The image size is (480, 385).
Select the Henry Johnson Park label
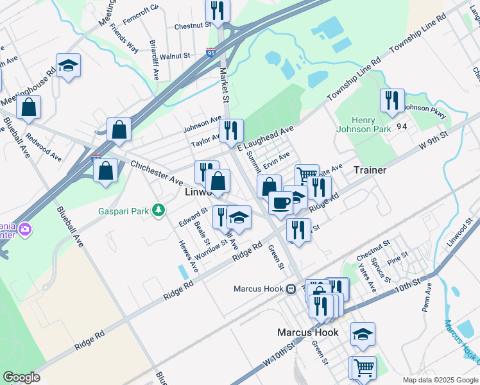coord(363,124)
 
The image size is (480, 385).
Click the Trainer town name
coord(370,170)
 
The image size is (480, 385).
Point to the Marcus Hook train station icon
coord(291,289)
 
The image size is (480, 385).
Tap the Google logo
coord(22,377)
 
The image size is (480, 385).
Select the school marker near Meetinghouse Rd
coord(68,66)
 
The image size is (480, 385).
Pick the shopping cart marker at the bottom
coord(363,368)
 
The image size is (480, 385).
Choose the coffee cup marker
coord(280,203)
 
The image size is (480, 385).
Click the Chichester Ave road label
coord(157,173)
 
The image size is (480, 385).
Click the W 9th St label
coord(432,141)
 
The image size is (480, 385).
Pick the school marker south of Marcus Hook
coord(363,334)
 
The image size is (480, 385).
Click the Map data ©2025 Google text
coord(440,379)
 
